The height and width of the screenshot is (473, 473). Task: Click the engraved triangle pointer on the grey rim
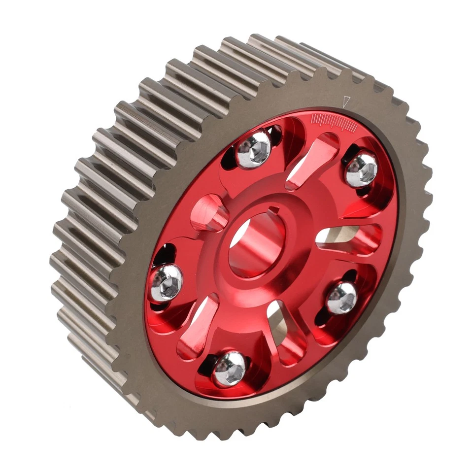click(x=346, y=101)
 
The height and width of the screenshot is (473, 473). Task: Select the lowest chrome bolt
click(x=229, y=368)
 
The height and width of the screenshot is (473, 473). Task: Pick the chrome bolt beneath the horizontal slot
click(x=341, y=298)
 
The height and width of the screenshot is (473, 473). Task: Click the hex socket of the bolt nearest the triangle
click(x=362, y=169)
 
